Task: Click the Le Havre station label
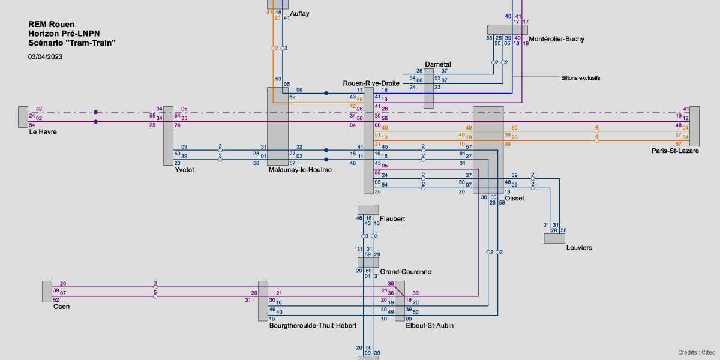click(x=43, y=131)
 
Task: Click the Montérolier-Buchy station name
click(x=556, y=39)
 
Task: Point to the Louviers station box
click(x=554, y=238)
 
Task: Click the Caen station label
click(x=61, y=307)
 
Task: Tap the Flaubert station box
click(x=368, y=209)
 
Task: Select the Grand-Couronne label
click(x=406, y=272)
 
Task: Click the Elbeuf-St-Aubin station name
click(x=430, y=325)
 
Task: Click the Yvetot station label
click(x=184, y=170)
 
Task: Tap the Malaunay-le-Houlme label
click(x=300, y=170)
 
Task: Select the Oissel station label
click(x=514, y=198)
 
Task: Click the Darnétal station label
click(x=437, y=64)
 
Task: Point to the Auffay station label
click(x=299, y=13)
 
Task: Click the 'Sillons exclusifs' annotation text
click(x=580, y=78)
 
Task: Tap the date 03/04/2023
click(x=45, y=57)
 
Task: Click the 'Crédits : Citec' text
click(x=696, y=352)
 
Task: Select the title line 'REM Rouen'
click(x=51, y=24)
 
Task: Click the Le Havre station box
click(x=23, y=116)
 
